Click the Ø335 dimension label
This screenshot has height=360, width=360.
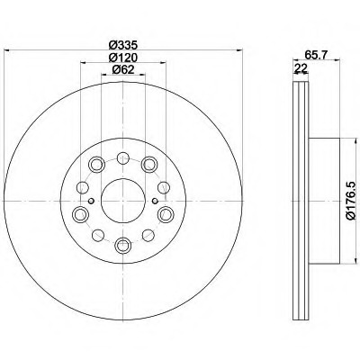pos(123,45)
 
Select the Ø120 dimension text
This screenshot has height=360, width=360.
pos(123,57)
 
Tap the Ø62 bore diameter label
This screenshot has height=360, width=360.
pos(123,69)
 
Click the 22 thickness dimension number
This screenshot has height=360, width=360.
pos(301,68)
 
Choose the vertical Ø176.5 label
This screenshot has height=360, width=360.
pos(353,201)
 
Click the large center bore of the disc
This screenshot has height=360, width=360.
pos(123,201)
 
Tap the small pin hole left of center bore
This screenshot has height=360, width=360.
pos(92,201)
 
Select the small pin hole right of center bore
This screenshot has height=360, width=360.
pos(155,201)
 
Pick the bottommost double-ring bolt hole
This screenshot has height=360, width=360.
pos(123,246)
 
